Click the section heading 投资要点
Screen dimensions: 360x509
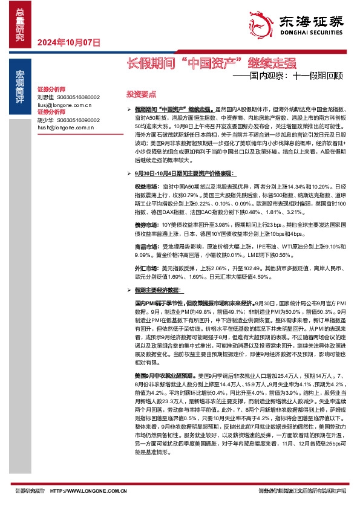[141, 95]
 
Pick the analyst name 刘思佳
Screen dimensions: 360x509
[46, 97]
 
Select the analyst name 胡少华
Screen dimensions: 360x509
[46, 120]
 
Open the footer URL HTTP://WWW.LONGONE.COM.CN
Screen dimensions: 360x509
[88, 491]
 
